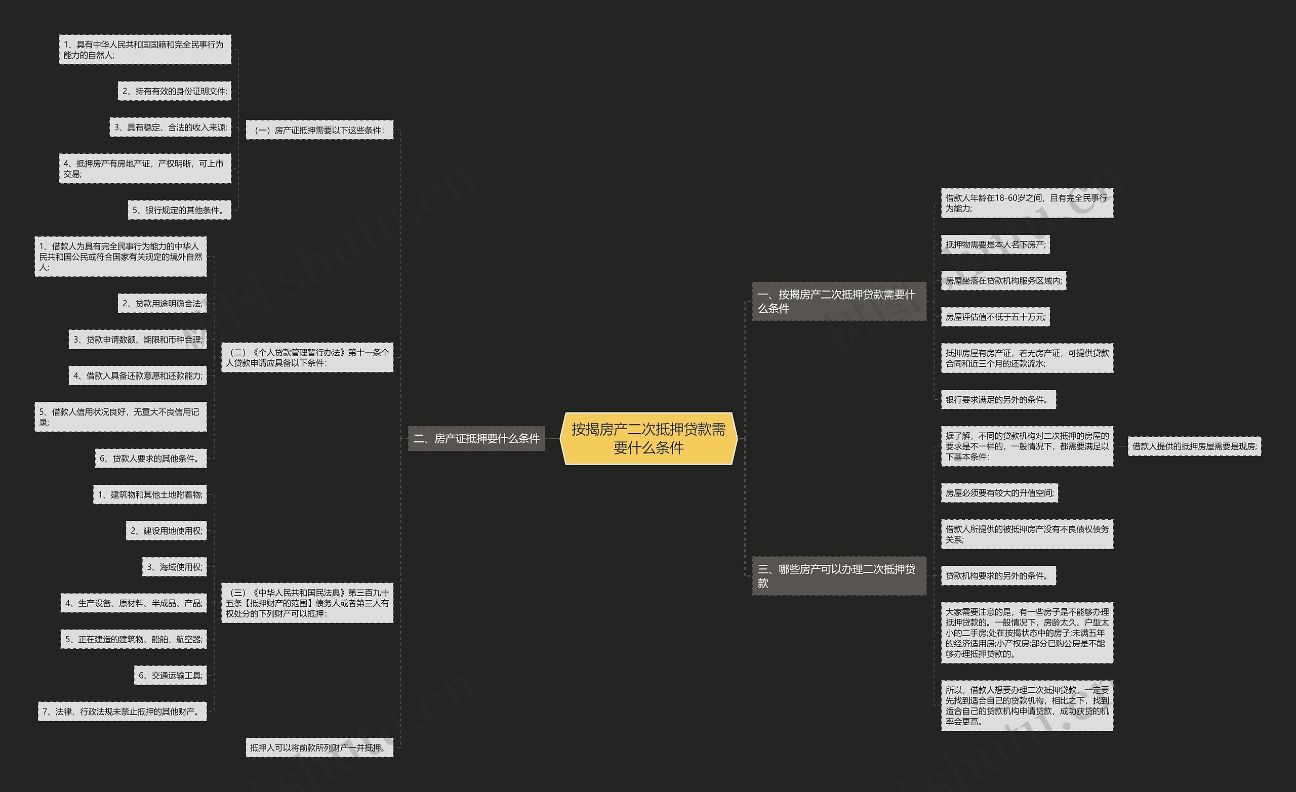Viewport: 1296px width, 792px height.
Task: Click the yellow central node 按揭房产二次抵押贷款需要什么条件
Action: coord(649,439)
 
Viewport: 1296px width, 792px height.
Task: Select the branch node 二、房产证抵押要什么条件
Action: coord(476,439)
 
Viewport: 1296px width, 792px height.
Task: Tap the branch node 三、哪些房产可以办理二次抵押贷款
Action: coord(838,576)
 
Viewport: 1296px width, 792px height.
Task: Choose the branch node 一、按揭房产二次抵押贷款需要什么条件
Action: coord(838,301)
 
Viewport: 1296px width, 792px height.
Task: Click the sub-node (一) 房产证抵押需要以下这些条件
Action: coord(319,130)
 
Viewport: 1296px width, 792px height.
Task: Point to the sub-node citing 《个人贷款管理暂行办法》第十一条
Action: coord(307,358)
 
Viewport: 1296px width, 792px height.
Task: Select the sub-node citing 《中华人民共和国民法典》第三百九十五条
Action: coord(307,603)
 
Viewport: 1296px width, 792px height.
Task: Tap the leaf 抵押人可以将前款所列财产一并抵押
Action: coord(319,747)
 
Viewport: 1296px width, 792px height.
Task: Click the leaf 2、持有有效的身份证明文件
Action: coord(175,91)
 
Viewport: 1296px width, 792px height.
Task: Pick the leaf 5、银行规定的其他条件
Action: coord(179,210)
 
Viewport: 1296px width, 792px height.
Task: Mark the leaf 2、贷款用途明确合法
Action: coord(162,304)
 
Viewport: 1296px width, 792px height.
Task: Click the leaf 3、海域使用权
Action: coord(175,567)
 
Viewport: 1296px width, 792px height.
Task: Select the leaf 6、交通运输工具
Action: coord(171,675)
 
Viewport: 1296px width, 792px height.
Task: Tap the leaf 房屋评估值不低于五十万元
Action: coord(995,317)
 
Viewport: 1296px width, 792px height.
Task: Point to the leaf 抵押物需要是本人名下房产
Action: coord(995,244)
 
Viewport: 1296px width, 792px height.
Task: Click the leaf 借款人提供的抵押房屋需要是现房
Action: coord(1194,446)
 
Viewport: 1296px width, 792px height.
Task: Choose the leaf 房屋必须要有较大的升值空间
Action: coord(999,493)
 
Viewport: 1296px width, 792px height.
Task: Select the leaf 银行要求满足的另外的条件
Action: coord(998,400)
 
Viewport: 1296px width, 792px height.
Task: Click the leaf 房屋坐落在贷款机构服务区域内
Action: coord(1003,281)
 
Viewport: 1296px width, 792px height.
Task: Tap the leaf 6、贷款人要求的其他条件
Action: coord(151,458)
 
